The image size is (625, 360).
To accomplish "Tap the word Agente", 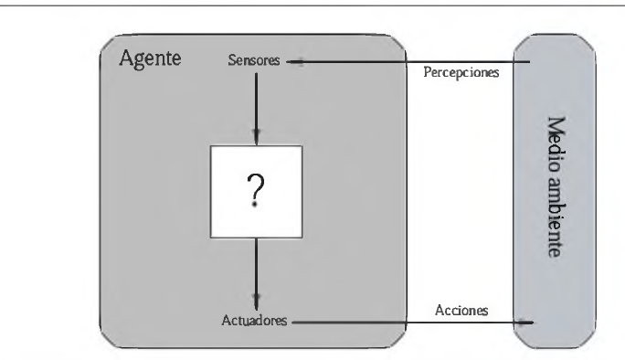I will [x=151, y=60].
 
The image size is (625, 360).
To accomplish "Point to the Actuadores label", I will [x=256, y=321].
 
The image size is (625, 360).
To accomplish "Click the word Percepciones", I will [x=461, y=74].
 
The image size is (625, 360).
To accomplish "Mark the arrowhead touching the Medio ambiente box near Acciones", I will [x=526, y=322].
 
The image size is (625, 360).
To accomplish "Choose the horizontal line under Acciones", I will [x=411, y=322].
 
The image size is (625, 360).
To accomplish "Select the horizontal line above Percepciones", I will [x=411, y=62].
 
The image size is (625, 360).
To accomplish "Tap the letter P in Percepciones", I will [x=428, y=74].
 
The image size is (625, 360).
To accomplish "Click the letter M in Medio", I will [x=554, y=122].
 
